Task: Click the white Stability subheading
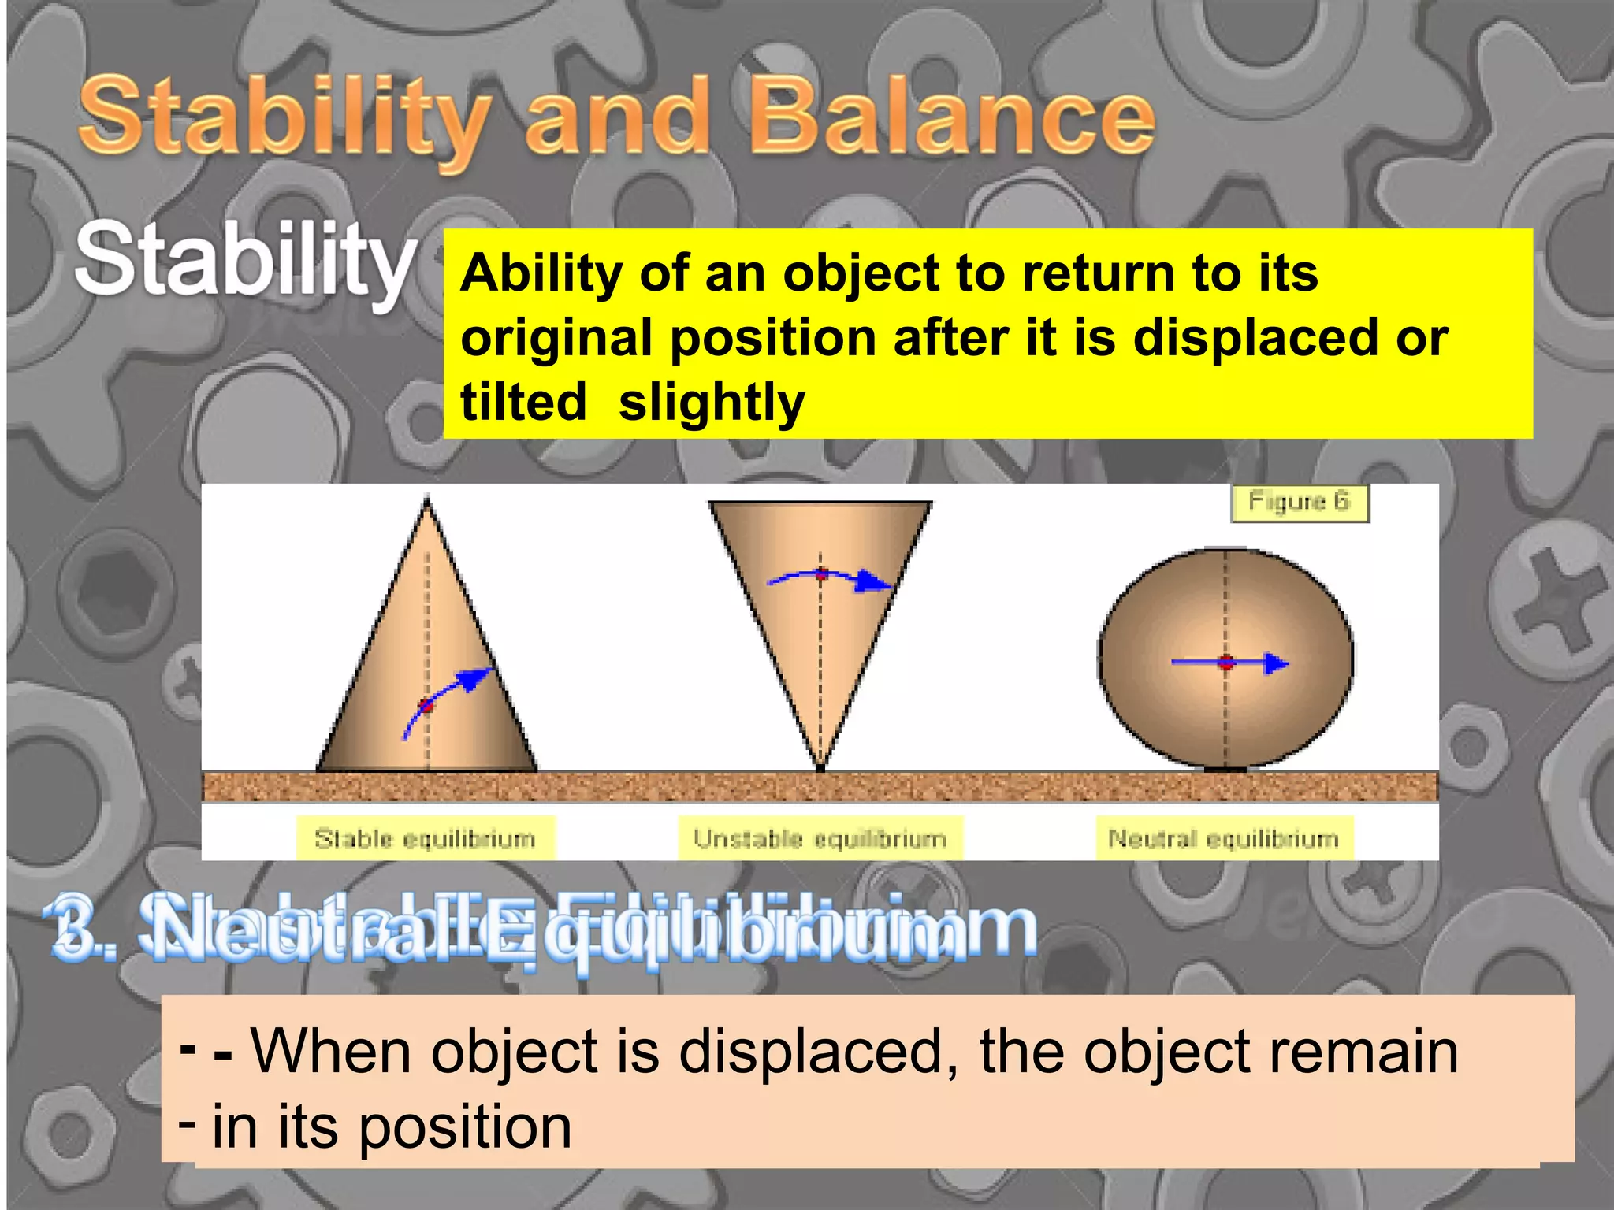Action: pos(246,260)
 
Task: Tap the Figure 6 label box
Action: pos(1300,502)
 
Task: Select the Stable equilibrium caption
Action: pos(425,838)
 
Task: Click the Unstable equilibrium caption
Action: pos(820,838)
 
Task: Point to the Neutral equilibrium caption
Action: pos(1223,838)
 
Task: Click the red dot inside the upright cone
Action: pos(426,705)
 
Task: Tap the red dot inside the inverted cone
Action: pos(821,573)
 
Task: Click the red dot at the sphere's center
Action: pos(1225,663)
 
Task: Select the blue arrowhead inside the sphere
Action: pos(1276,663)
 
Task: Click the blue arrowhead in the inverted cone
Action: pos(875,582)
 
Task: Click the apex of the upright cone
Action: pos(427,499)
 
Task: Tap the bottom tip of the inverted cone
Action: pos(820,766)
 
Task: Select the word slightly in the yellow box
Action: pos(712,403)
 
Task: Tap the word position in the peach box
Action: pos(465,1126)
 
